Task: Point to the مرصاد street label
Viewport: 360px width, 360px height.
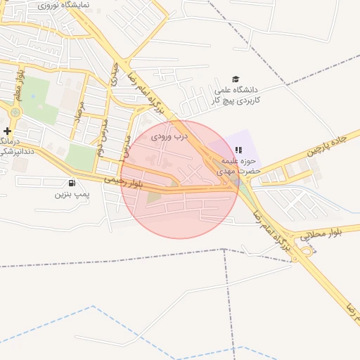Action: click(82, 112)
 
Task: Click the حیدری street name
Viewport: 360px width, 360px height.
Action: click(113, 75)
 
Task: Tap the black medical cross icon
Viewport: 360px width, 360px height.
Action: click(7, 131)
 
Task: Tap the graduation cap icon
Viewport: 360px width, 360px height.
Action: click(236, 79)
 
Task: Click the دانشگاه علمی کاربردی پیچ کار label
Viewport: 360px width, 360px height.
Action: click(238, 96)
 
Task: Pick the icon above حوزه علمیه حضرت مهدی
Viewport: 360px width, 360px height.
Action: click(238, 150)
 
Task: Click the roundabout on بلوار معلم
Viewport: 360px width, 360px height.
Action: click(15, 112)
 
